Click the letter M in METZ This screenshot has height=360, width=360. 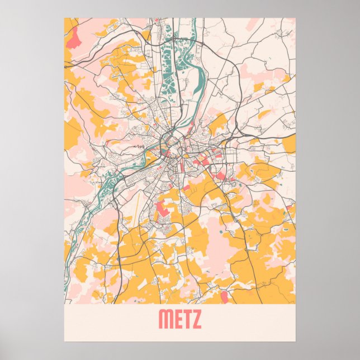pyautogui.click(x=165, y=319)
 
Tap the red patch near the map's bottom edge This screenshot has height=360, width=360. pyautogui.click(x=225, y=296)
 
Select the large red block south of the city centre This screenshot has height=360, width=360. pyautogui.click(x=163, y=209)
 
